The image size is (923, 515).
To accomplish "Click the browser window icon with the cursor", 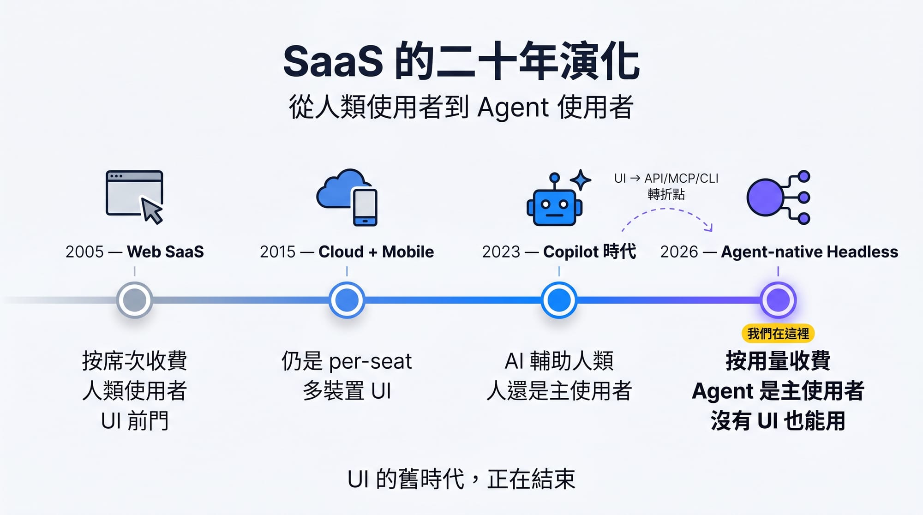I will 134,197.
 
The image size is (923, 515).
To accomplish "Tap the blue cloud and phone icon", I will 347,197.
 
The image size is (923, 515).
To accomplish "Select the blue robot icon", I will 555,201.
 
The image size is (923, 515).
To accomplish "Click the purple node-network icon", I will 778,198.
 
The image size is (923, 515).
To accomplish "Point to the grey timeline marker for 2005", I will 134,300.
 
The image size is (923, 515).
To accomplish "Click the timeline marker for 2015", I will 347,300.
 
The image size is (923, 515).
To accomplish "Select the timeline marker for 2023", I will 559,300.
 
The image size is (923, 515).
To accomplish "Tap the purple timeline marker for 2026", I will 778,300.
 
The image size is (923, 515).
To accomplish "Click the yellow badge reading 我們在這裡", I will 778,333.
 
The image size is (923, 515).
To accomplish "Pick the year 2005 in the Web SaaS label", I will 84,252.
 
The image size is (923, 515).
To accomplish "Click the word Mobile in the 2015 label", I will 408,252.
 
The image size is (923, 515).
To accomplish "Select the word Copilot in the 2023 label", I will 571,252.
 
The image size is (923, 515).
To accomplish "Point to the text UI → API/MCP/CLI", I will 666,179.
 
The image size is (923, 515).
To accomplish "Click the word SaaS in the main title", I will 333,62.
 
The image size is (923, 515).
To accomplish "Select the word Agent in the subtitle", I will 513,108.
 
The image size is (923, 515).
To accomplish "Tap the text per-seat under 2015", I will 370,361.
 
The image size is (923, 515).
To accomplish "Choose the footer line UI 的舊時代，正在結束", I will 461,479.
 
